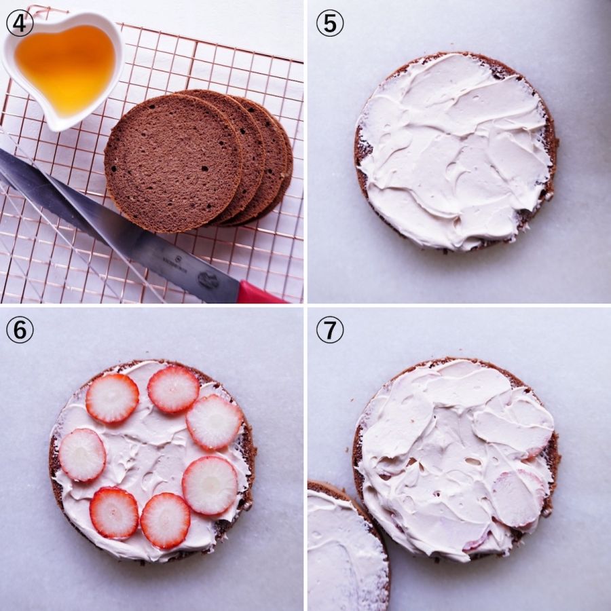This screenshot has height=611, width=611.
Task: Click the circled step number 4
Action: point(20,23)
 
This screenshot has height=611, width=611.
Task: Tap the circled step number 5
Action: point(330,23)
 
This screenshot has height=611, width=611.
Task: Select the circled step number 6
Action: point(20,330)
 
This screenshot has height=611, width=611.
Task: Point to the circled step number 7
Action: point(330,330)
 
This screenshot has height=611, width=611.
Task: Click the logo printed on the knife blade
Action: point(208,280)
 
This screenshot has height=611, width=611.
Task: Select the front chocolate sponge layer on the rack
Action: point(174,163)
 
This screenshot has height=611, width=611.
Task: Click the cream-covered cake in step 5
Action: point(456,151)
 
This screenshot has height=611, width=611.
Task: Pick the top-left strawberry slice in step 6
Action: point(112,399)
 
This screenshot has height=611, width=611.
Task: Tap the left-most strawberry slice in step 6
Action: point(82,455)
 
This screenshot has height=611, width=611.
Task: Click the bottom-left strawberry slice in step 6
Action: point(114,513)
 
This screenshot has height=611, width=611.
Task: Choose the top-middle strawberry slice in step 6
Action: point(173,389)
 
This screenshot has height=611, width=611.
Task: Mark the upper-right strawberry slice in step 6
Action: point(215,422)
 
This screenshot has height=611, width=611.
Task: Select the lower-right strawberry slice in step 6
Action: point(210,485)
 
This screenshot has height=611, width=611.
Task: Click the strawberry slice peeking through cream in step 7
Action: point(517,499)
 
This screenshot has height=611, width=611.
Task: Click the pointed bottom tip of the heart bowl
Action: point(58,128)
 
